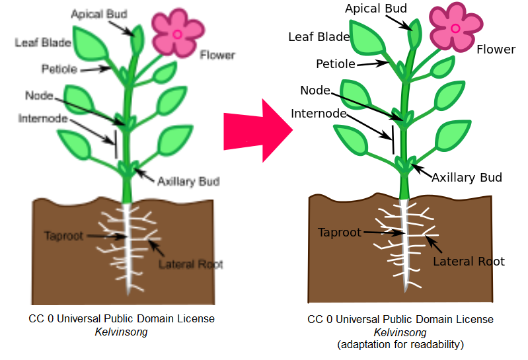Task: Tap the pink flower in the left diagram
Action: pyautogui.click(x=176, y=33)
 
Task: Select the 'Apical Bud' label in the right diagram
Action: pyautogui.click(x=376, y=9)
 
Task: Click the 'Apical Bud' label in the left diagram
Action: pyautogui.click(x=99, y=14)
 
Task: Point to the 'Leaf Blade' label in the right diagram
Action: pyautogui.click(x=319, y=37)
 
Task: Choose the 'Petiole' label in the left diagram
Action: pyautogui.click(x=59, y=69)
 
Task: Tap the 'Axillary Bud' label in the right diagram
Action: pyautogui.click(x=467, y=178)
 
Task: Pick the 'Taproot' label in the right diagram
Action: pyautogui.click(x=340, y=233)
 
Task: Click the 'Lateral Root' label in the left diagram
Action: pyautogui.click(x=190, y=264)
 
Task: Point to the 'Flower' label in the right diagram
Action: pyautogui.click(x=496, y=50)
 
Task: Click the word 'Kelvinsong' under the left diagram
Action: pyautogui.click(x=121, y=331)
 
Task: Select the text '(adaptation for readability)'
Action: pyautogui.click(x=400, y=345)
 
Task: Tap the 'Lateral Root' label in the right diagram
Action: pyautogui.click(x=469, y=262)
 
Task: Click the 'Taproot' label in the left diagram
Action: pyautogui.click(x=64, y=236)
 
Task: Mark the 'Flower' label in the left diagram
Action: pyautogui.click(x=217, y=55)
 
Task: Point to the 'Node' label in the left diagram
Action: pyautogui.click(x=38, y=96)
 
